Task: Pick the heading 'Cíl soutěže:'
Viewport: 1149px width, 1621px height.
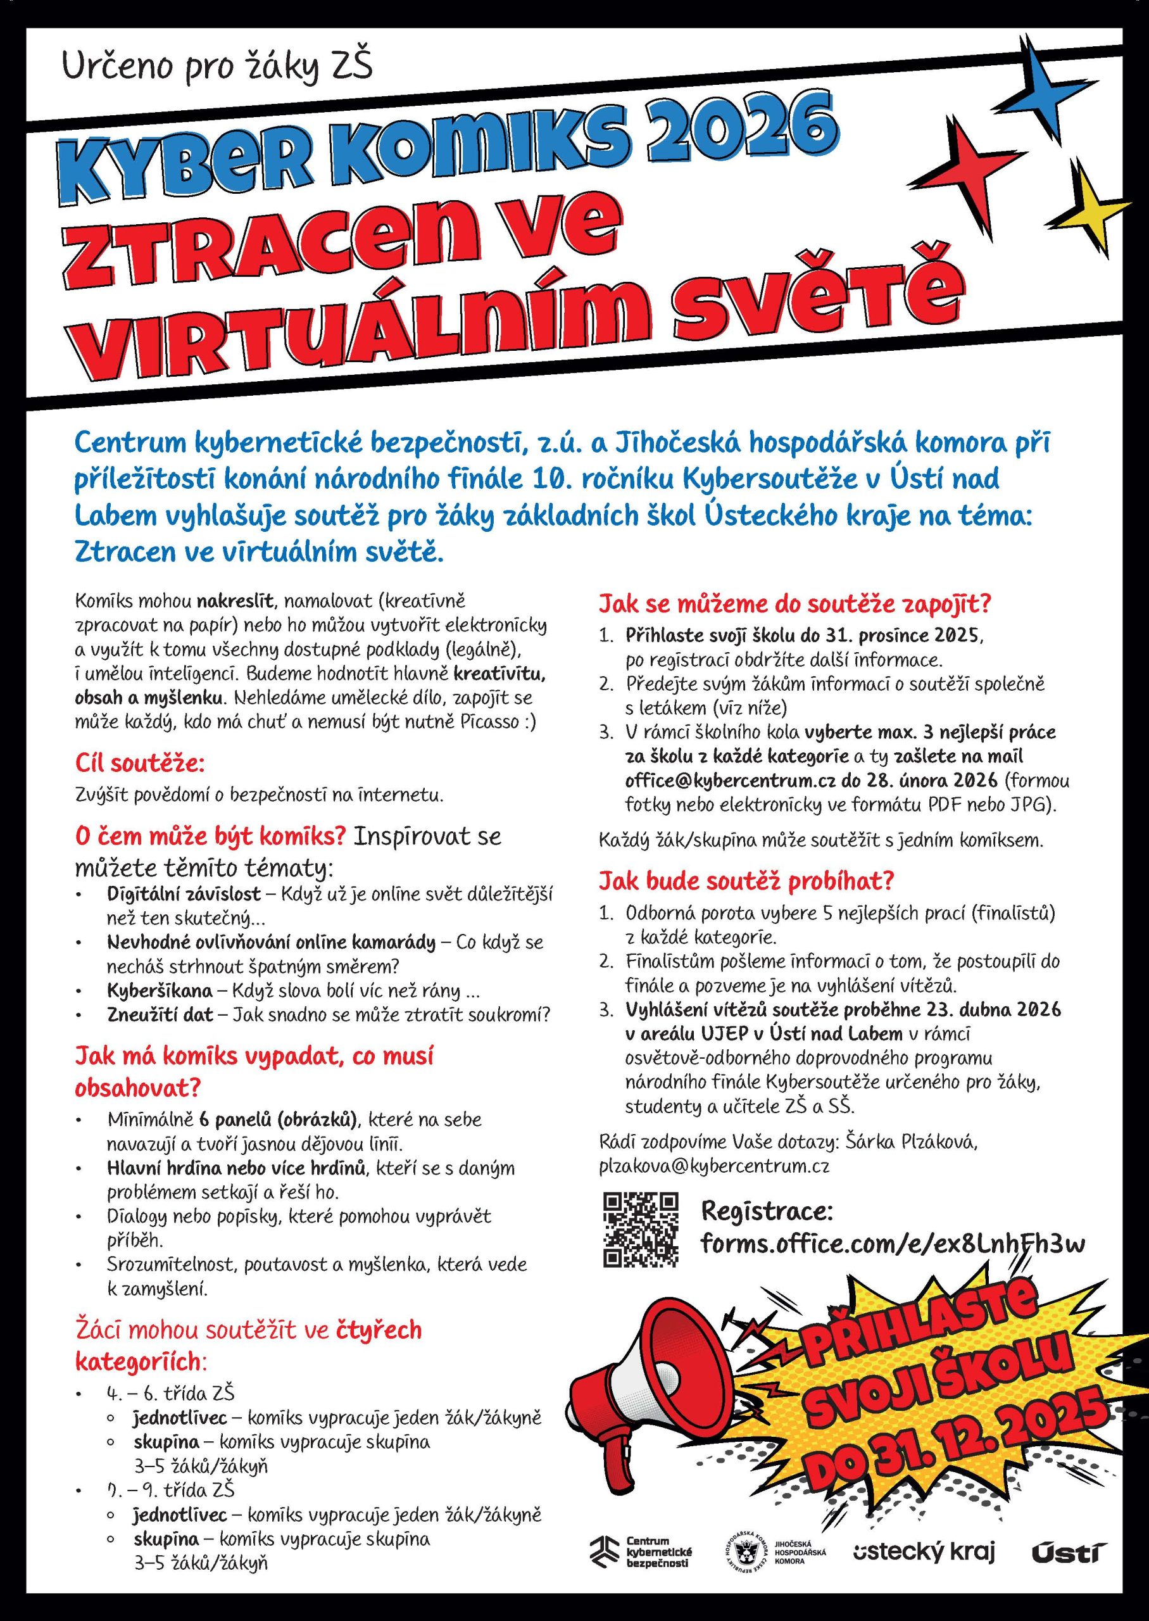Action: pyautogui.click(x=140, y=764)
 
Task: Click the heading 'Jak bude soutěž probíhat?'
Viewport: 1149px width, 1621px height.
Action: pyautogui.click(x=746, y=881)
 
